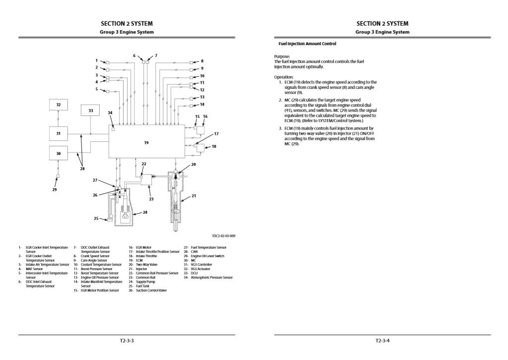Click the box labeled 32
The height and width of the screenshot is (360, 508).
[59, 105]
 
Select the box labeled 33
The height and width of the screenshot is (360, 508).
[90, 111]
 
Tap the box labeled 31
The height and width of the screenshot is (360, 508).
[59, 133]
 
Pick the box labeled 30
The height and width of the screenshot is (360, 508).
[59, 153]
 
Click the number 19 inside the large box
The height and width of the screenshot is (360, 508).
[146, 143]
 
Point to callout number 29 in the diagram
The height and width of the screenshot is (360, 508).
[55, 189]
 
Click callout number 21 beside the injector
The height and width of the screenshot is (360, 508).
[194, 196]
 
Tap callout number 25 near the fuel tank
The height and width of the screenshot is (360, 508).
[96, 218]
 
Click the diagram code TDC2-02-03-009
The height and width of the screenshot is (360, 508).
[222, 236]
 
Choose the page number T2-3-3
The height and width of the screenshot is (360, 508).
[127, 341]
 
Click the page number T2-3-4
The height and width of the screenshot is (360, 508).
[383, 341]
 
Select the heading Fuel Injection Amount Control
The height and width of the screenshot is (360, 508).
[307, 44]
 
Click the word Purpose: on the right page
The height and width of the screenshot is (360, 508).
[282, 57]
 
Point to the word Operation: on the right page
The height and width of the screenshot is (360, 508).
[284, 77]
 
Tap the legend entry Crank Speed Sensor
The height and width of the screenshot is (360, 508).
[94, 256]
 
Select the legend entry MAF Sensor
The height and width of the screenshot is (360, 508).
[35, 269]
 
